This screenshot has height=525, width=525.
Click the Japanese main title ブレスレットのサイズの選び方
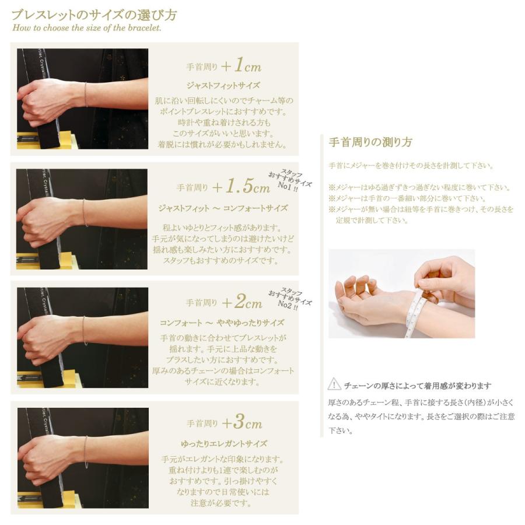coord(94,15)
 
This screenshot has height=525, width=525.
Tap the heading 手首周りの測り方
coord(370,142)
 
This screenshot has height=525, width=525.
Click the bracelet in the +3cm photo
coord(86,452)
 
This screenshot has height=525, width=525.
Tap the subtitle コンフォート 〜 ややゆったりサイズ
coord(222,323)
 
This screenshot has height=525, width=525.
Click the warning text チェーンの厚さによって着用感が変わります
coord(418,386)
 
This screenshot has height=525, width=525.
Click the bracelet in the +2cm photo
coord(85,331)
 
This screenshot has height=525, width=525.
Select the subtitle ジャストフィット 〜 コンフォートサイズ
coord(223,208)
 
